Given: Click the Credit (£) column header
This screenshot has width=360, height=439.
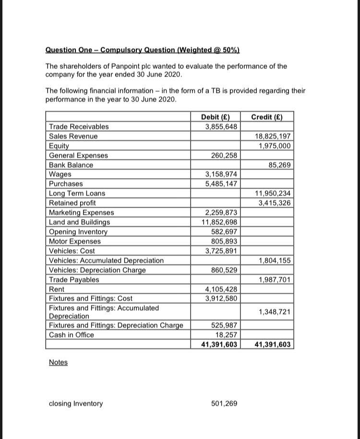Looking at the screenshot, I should pos(267,117).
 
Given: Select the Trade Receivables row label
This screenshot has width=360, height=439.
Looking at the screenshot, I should pos(79,127).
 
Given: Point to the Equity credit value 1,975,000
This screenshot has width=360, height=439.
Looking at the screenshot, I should pos(275,146).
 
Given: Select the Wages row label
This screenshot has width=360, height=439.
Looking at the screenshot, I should pos(60,174).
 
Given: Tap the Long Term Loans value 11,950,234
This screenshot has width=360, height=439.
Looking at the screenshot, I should pos(273,193).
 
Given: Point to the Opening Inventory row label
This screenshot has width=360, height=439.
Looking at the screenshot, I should pos(78,232).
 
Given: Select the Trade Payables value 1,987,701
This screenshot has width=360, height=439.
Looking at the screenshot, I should pos(275,280).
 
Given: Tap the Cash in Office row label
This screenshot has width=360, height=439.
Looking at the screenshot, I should pos(72,335).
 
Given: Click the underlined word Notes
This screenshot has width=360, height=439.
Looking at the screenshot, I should pos(58,362).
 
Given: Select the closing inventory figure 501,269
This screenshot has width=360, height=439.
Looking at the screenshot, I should pos(224,403).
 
